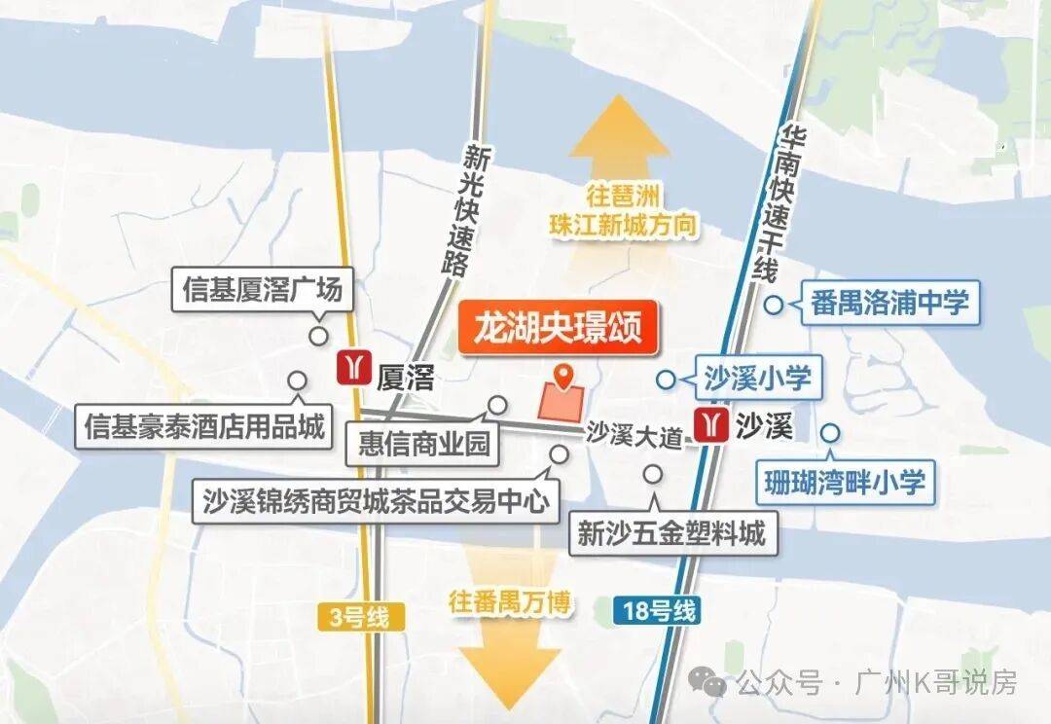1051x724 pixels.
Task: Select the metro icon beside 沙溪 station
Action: [710, 425]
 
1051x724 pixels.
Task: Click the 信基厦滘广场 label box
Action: [263, 290]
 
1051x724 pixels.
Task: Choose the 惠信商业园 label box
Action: [423, 444]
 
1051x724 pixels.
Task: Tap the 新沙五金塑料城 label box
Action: [671, 532]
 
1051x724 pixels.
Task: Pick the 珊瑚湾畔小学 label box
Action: [845, 481]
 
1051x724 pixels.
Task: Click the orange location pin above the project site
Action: [562, 375]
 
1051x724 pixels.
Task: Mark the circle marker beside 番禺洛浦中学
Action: [774, 305]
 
